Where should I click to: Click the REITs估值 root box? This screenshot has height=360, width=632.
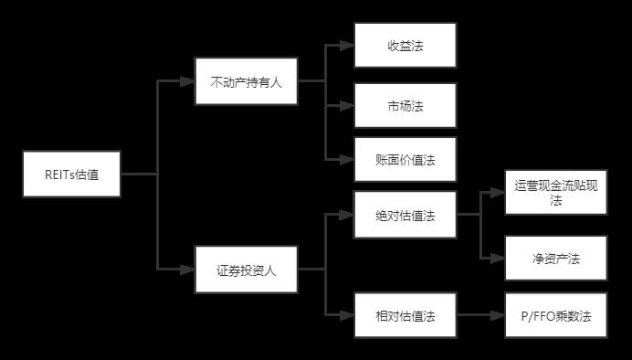click(x=72, y=175)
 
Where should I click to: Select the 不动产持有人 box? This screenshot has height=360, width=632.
click(x=246, y=81)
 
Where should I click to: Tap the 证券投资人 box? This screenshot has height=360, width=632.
click(x=246, y=270)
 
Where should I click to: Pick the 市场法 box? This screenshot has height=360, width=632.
click(x=405, y=107)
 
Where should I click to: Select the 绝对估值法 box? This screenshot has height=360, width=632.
click(x=405, y=216)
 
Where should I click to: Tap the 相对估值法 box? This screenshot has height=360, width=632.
click(x=405, y=317)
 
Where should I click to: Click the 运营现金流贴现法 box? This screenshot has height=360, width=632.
click(x=555, y=193)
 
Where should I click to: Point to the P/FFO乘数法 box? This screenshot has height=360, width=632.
click(x=555, y=317)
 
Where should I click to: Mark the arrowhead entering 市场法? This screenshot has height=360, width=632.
click(x=348, y=107)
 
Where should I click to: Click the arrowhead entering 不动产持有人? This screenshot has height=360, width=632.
click(x=189, y=81)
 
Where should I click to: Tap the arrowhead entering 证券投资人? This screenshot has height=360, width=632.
click(x=189, y=270)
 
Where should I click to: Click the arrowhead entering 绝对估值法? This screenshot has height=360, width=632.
click(x=348, y=216)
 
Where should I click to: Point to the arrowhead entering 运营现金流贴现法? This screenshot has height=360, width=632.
click(x=499, y=193)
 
